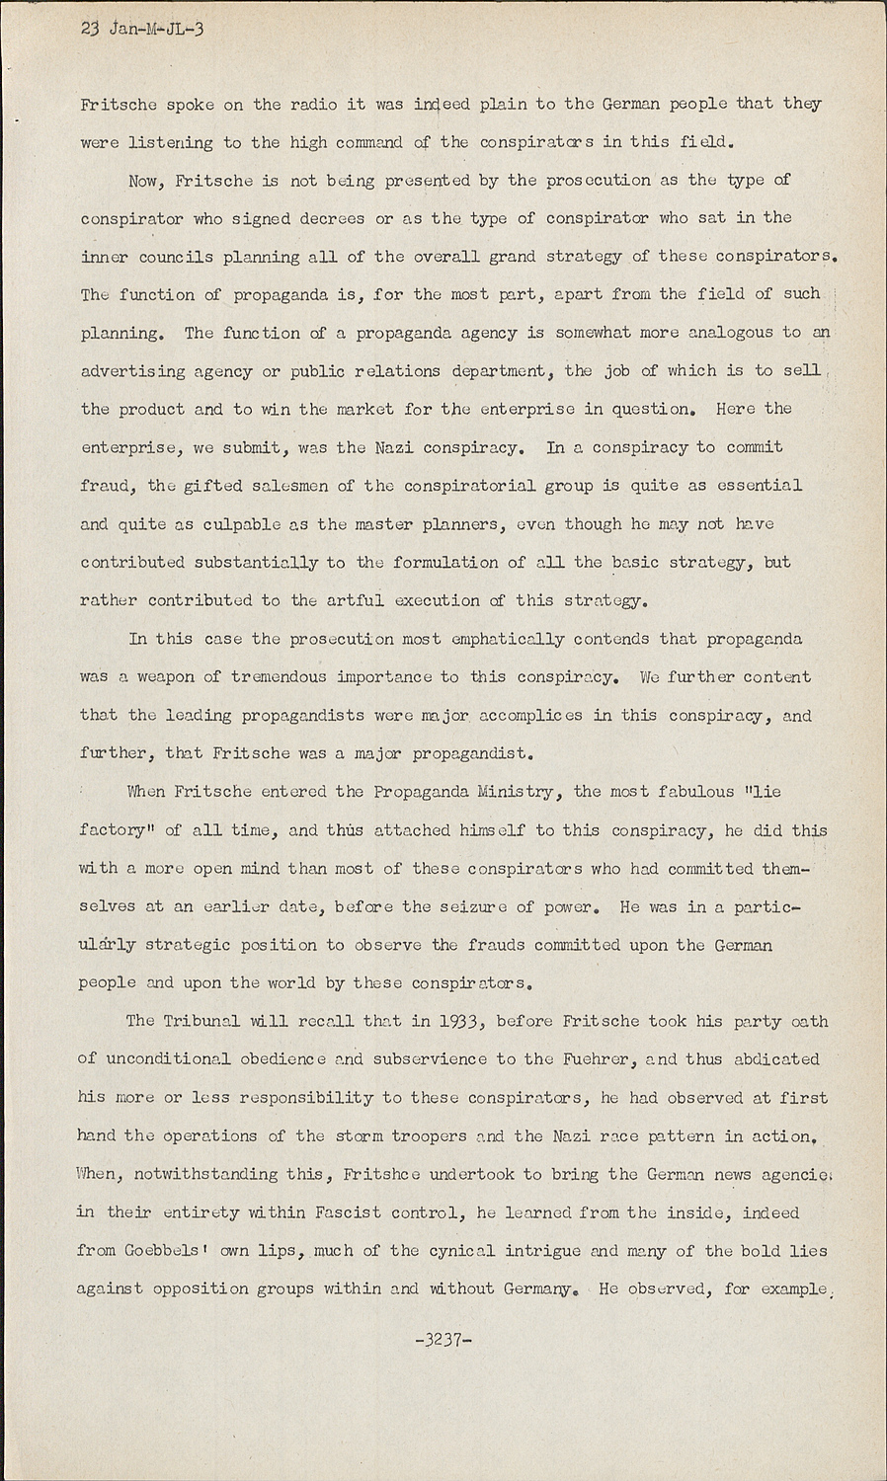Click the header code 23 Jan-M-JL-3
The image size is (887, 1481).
click(x=142, y=29)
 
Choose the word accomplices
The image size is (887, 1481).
click(x=531, y=715)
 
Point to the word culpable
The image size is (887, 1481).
click(x=230, y=524)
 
